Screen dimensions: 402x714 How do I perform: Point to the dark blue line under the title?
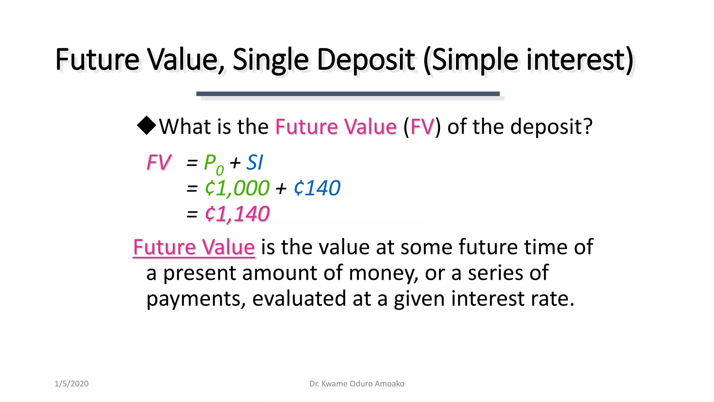click(x=348, y=94)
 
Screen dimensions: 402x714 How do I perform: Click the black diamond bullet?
click(x=146, y=126)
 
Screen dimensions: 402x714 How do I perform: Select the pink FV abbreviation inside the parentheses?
click(x=422, y=126)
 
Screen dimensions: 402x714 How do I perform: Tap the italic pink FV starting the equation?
click(x=159, y=163)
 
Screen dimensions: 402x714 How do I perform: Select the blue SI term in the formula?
click(x=255, y=163)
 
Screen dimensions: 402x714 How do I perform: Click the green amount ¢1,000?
click(x=237, y=188)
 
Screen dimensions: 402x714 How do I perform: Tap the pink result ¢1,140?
click(x=237, y=214)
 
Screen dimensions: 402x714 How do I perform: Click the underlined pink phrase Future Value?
click(x=194, y=247)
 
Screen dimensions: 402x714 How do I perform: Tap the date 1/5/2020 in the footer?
click(x=71, y=384)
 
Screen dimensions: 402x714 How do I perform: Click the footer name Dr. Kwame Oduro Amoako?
click(x=357, y=384)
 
